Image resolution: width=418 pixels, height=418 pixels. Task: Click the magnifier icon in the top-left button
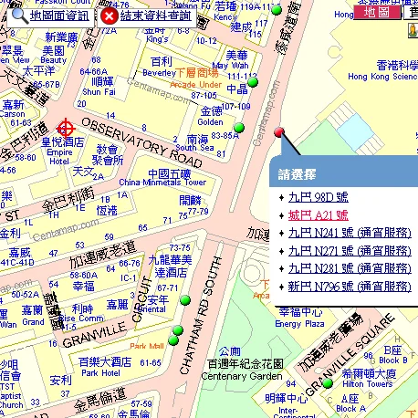(17, 16)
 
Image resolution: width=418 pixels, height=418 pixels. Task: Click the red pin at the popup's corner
(279, 133)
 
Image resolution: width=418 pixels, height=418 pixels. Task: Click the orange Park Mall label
(146, 346)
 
